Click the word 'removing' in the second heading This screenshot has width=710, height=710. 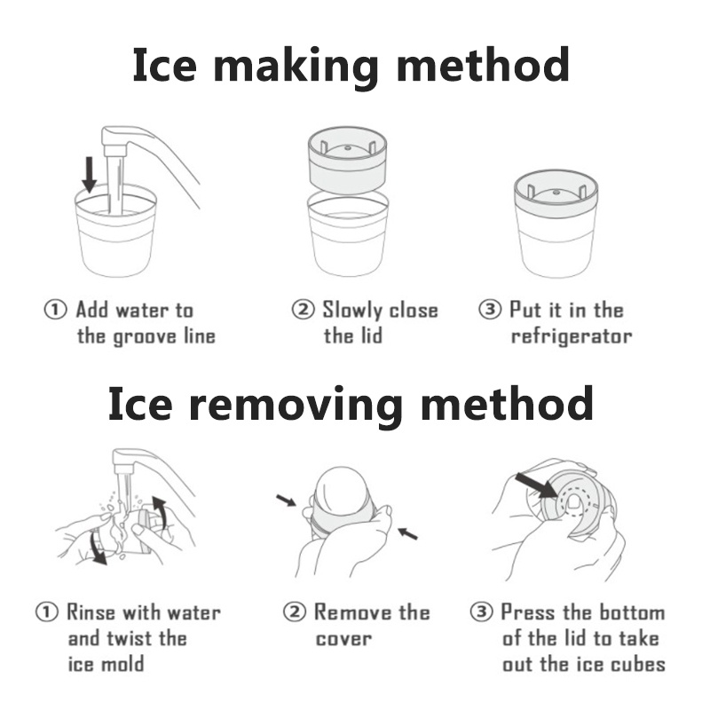[296, 405]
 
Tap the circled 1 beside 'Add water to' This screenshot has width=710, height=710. [55, 310]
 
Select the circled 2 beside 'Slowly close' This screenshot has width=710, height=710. [303, 310]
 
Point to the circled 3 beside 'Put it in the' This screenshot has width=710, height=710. [490, 310]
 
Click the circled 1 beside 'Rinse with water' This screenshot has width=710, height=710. [47, 612]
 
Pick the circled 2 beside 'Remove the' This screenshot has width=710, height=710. [295, 612]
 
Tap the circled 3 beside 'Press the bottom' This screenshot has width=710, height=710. [481, 612]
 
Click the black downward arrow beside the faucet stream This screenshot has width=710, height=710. [90, 174]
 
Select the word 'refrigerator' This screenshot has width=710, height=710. [572, 337]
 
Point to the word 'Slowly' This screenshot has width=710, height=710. [352, 311]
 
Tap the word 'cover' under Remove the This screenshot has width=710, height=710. [343, 639]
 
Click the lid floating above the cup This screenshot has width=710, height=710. [347, 160]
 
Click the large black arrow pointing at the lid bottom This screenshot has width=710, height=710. [537, 485]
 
